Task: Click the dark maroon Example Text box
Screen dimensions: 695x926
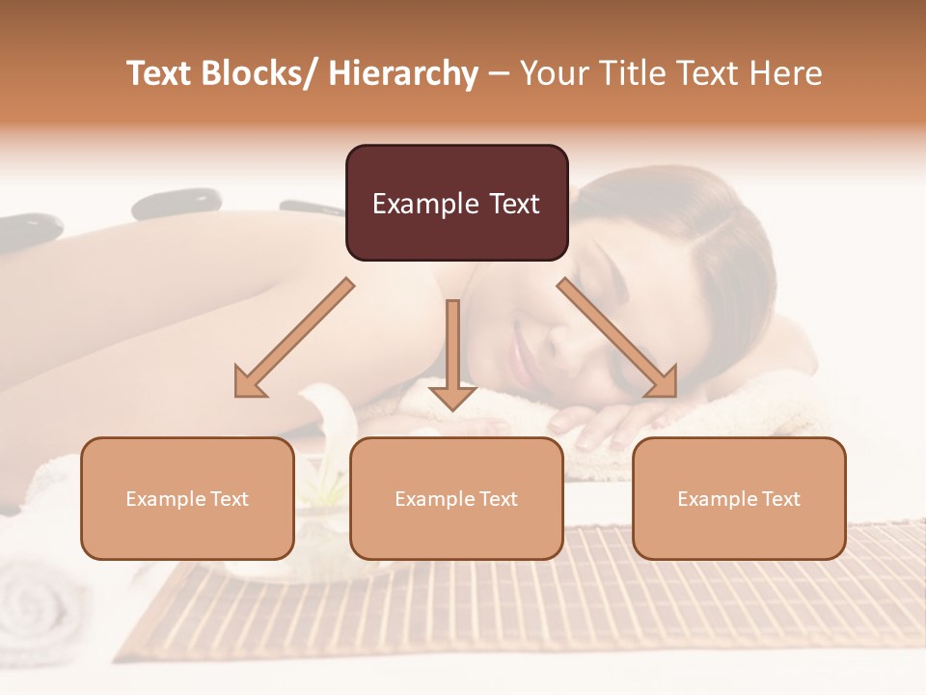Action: [x=456, y=203]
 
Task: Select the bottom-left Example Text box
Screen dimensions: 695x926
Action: [x=187, y=498]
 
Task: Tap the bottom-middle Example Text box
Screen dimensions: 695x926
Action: [x=456, y=498]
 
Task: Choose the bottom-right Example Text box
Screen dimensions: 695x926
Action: [x=739, y=498]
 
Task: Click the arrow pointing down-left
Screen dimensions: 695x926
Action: [x=294, y=338]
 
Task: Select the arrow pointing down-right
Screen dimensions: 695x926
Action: [x=617, y=338]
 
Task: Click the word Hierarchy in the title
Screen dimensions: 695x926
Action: [x=403, y=74]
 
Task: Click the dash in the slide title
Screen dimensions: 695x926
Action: [x=499, y=75]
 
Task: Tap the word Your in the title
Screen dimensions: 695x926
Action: [x=551, y=74]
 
